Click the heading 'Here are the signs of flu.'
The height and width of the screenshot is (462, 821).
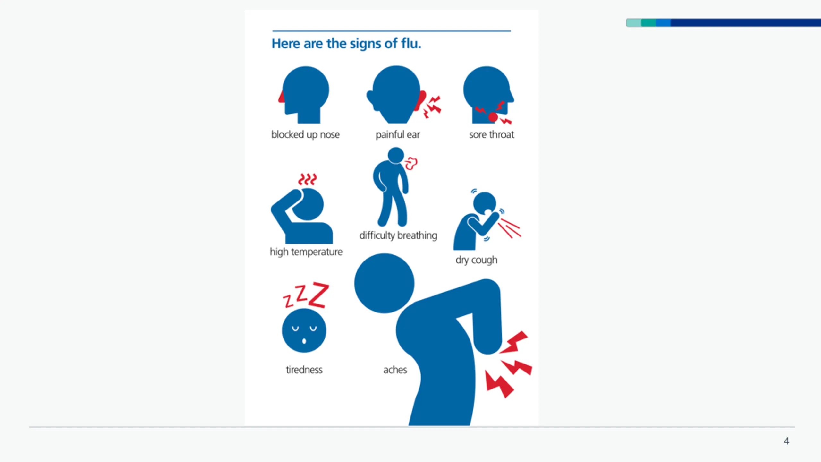coord(346,44)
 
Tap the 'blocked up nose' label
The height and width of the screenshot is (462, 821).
coord(305,134)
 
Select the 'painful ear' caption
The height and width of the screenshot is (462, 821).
coord(398,134)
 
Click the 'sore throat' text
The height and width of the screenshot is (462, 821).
coord(491,134)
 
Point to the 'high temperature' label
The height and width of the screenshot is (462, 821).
coord(306,252)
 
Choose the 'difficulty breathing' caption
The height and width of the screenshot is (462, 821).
coord(398,235)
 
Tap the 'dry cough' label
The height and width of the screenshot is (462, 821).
coord(476,260)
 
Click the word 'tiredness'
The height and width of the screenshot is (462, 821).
coord(304,370)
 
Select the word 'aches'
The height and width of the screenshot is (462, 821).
coord(395,370)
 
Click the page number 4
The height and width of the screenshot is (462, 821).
coord(786,441)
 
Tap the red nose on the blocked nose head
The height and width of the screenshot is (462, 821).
coord(281,97)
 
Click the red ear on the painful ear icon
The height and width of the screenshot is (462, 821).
coord(420,100)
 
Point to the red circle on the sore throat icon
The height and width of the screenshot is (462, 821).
coord(493,117)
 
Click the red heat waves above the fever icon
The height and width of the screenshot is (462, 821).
coord(307,179)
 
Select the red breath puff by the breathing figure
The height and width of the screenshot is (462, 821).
coord(411,163)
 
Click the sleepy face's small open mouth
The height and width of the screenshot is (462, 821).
coord(304,341)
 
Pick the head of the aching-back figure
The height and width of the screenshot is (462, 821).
coord(384,283)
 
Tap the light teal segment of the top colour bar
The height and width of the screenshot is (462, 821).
coord(634,22)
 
